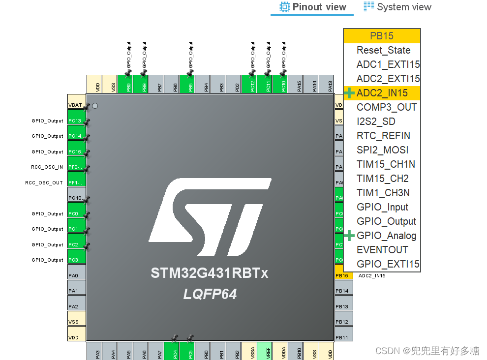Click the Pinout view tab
[x=313, y=7]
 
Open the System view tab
[x=397, y=7]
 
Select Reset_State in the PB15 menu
[x=383, y=50]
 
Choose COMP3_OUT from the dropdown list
[x=386, y=107]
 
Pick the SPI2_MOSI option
[x=382, y=150]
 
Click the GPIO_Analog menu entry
[x=386, y=236]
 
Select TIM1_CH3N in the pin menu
[x=383, y=193]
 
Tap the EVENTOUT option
[x=382, y=250]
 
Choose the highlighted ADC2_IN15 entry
[x=382, y=93]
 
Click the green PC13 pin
[x=76, y=121]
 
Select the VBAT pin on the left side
[x=76, y=105]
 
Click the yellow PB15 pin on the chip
[x=343, y=276]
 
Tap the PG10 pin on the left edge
[x=76, y=198]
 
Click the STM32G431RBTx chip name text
[x=210, y=273]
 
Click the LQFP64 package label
[x=210, y=294]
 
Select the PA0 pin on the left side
[x=76, y=276]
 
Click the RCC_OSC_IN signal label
[x=47, y=167]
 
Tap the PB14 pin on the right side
[x=343, y=291]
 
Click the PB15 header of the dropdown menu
[x=382, y=36]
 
